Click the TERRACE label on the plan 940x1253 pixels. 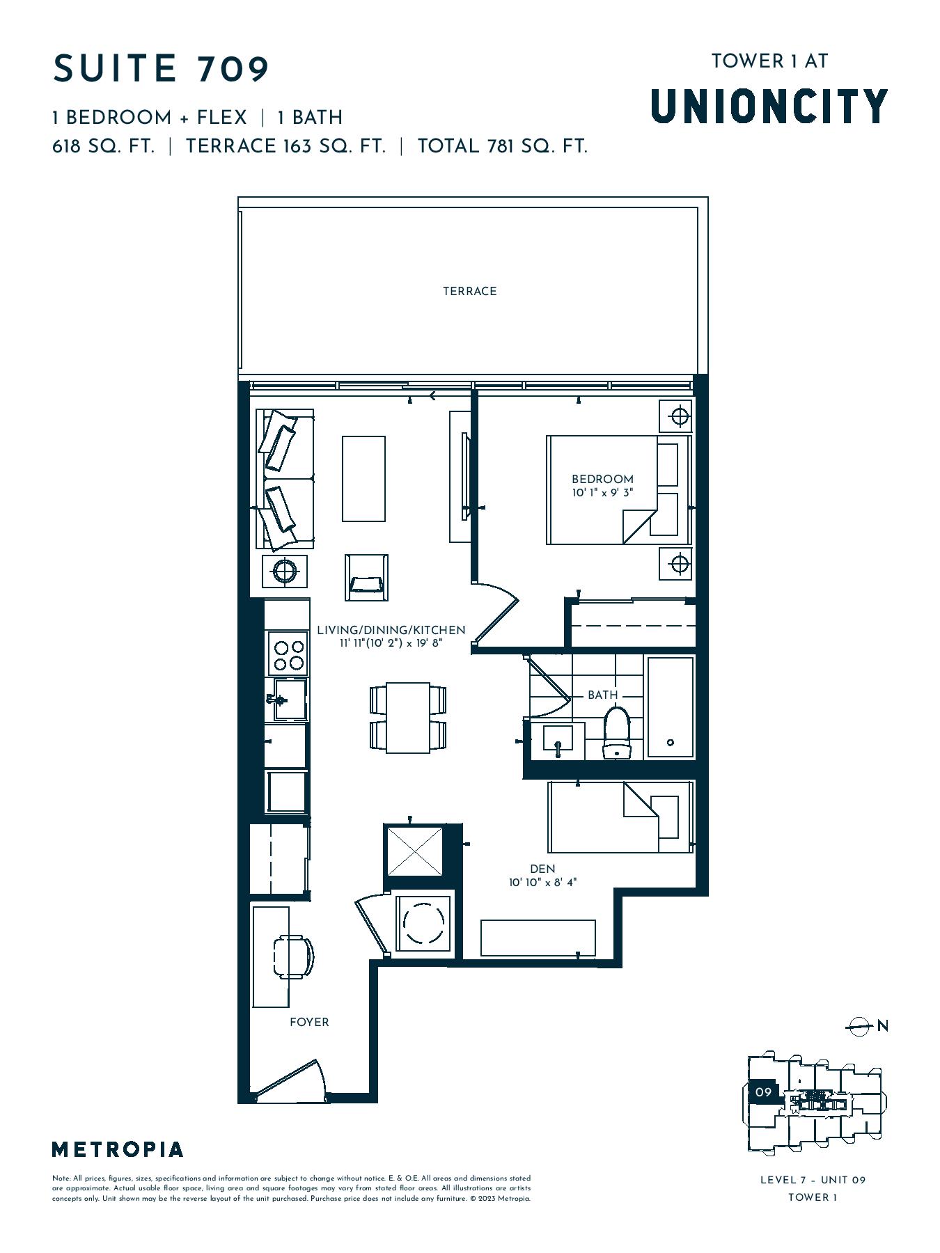pyautogui.click(x=469, y=291)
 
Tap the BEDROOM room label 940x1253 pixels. pyautogui.click(x=602, y=479)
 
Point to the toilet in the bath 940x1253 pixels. pyautogui.click(x=616, y=732)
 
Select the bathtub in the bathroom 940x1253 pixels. pyautogui.click(x=671, y=707)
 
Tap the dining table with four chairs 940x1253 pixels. pyautogui.click(x=408, y=718)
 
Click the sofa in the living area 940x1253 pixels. pyautogui.click(x=285, y=480)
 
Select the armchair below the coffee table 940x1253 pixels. pyautogui.click(x=366, y=577)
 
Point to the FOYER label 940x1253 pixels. pyautogui.click(x=309, y=1022)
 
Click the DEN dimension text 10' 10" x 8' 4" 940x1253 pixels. pyautogui.click(x=542, y=883)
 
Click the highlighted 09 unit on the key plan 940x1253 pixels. pyautogui.click(x=763, y=1092)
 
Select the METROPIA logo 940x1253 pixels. pyautogui.click(x=118, y=1149)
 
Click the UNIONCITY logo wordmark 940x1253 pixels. pyautogui.click(x=769, y=106)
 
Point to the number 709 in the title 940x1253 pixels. pyautogui.click(x=233, y=69)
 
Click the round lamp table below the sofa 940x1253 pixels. pyautogui.click(x=285, y=572)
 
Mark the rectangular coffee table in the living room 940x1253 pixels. pyautogui.click(x=363, y=479)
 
